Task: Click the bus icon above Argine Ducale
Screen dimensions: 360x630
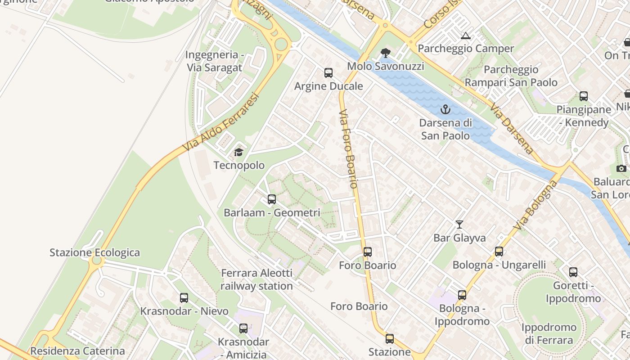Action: [328, 72]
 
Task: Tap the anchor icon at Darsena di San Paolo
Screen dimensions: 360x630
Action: [445, 109]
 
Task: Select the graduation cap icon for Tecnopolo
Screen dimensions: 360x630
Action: [238, 152]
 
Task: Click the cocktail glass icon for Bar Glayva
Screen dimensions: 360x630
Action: [459, 224]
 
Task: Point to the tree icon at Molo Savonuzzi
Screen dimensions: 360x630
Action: [385, 53]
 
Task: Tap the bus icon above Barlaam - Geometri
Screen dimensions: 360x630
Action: [271, 199]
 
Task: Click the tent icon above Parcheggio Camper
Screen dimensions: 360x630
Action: [465, 36]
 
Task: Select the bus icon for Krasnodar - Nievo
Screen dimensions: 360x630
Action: [184, 297]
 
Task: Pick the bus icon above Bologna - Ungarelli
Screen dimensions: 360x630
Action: [499, 252]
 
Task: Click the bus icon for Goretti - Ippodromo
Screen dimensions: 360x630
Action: [573, 272]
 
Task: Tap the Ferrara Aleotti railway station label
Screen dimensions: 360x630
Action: [256, 279]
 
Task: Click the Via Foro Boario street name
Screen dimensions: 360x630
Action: [348, 148]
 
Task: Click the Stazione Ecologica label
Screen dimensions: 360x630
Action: [94, 252]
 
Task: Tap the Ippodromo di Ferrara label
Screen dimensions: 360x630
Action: [549, 333]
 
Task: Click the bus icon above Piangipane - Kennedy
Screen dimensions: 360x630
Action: [584, 96]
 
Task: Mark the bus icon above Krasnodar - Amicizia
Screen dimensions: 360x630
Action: [243, 328]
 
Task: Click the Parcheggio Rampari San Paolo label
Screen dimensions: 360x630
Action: [511, 76]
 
